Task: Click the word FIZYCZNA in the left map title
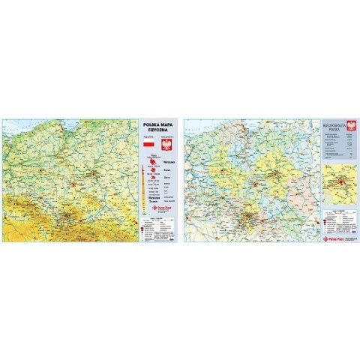157,129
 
